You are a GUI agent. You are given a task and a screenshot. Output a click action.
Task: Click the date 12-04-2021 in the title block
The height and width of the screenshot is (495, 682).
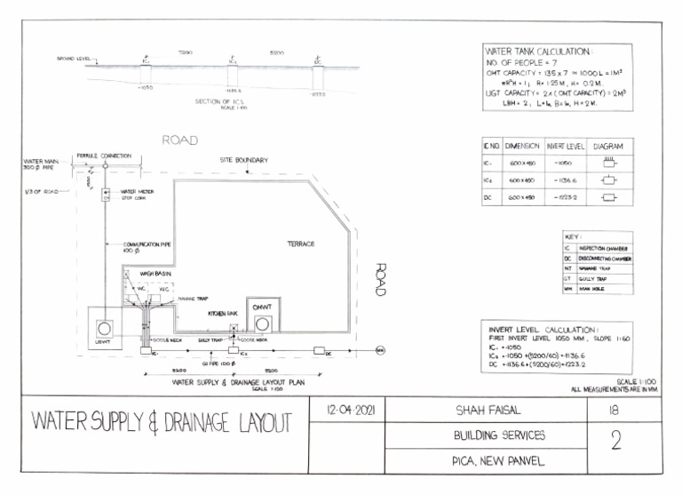pyautogui.click(x=346, y=411)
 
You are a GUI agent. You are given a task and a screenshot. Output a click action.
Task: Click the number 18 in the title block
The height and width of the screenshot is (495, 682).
pyautogui.click(x=613, y=411)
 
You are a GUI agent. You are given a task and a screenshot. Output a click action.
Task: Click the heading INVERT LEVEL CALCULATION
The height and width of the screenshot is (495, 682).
pyautogui.click(x=544, y=329)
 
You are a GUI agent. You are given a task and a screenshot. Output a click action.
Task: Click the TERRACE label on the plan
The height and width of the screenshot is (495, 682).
pyautogui.click(x=300, y=243)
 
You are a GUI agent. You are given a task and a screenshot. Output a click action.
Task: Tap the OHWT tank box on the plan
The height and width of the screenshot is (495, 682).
pyautogui.click(x=261, y=318)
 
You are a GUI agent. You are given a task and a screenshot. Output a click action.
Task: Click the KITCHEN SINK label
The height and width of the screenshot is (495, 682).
pyautogui.click(x=223, y=314)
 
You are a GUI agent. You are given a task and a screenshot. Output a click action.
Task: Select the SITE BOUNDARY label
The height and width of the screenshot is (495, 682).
pyautogui.click(x=244, y=160)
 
